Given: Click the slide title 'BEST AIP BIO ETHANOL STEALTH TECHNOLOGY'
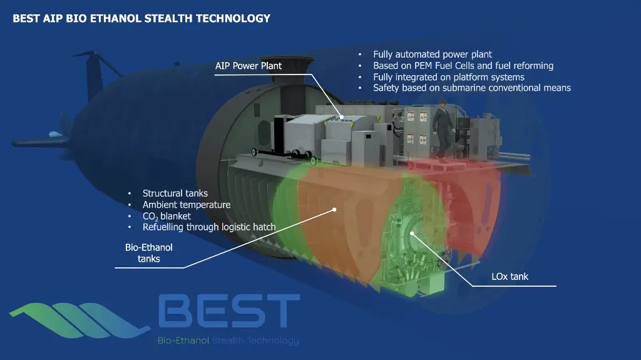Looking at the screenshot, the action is pyautogui.click(x=141, y=18).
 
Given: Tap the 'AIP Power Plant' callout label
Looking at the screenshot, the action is pyautogui.click(x=249, y=66).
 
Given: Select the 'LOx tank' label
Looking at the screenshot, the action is pyautogui.click(x=510, y=277).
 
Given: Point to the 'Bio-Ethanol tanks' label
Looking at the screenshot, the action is pyautogui.click(x=149, y=253).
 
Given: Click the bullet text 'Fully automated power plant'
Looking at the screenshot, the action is pyautogui.click(x=433, y=54).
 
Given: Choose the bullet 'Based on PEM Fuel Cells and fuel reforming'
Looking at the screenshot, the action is pyautogui.click(x=463, y=66).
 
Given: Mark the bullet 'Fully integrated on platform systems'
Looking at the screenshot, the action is pyautogui.click(x=449, y=77).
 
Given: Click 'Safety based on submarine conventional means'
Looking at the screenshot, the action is pyautogui.click(x=472, y=88).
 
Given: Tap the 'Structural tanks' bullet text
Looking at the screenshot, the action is pyautogui.click(x=175, y=193).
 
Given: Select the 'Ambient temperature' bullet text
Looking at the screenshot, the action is pyautogui.click(x=187, y=205).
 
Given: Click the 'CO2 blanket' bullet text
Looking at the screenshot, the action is pyautogui.click(x=167, y=217).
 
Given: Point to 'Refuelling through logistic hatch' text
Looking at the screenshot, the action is pyautogui.click(x=209, y=227).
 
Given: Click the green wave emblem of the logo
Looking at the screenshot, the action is pyautogui.click(x=79, y=320).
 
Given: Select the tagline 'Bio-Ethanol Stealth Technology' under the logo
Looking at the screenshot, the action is pyautogui.click(x=228, y=341).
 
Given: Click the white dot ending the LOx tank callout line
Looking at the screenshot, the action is pyautogui.click(x=412, y=234).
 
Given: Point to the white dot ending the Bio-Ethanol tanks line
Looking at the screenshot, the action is pyautogui.click(x=334, y=210).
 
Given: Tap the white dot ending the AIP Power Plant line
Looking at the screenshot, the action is pyautogui.click(x=342, y=117).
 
